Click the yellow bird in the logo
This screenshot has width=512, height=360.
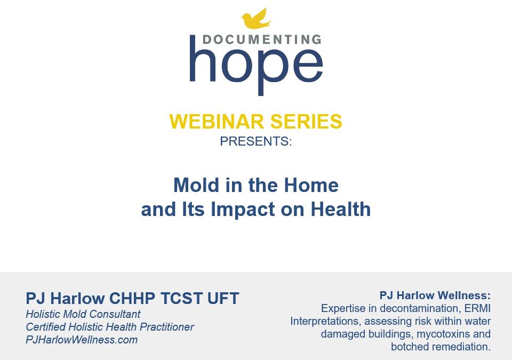coord(255,19)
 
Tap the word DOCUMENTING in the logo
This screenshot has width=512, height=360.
coord(262,39)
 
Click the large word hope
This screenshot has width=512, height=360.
coord(257,66)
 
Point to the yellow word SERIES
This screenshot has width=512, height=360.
coord(306,121)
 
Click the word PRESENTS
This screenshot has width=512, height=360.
coord(255,141)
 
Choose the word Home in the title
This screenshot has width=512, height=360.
coord(311,185)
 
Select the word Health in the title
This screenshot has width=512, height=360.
coord(341,209)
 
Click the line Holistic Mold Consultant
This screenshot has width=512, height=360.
coord(83,314)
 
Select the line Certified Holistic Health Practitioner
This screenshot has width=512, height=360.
coord(110,327)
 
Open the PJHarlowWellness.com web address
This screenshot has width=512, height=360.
coord(82,340)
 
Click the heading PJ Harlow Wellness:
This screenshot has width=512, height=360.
coord(435,295)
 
